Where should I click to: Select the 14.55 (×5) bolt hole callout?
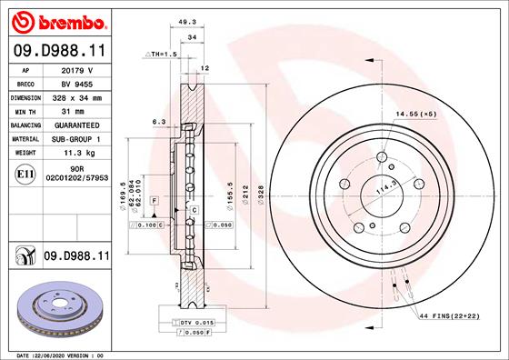(x=416, y=114)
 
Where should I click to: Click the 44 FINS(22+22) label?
(x=448, y=314)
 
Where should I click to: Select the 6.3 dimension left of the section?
(x=158, y=121)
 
